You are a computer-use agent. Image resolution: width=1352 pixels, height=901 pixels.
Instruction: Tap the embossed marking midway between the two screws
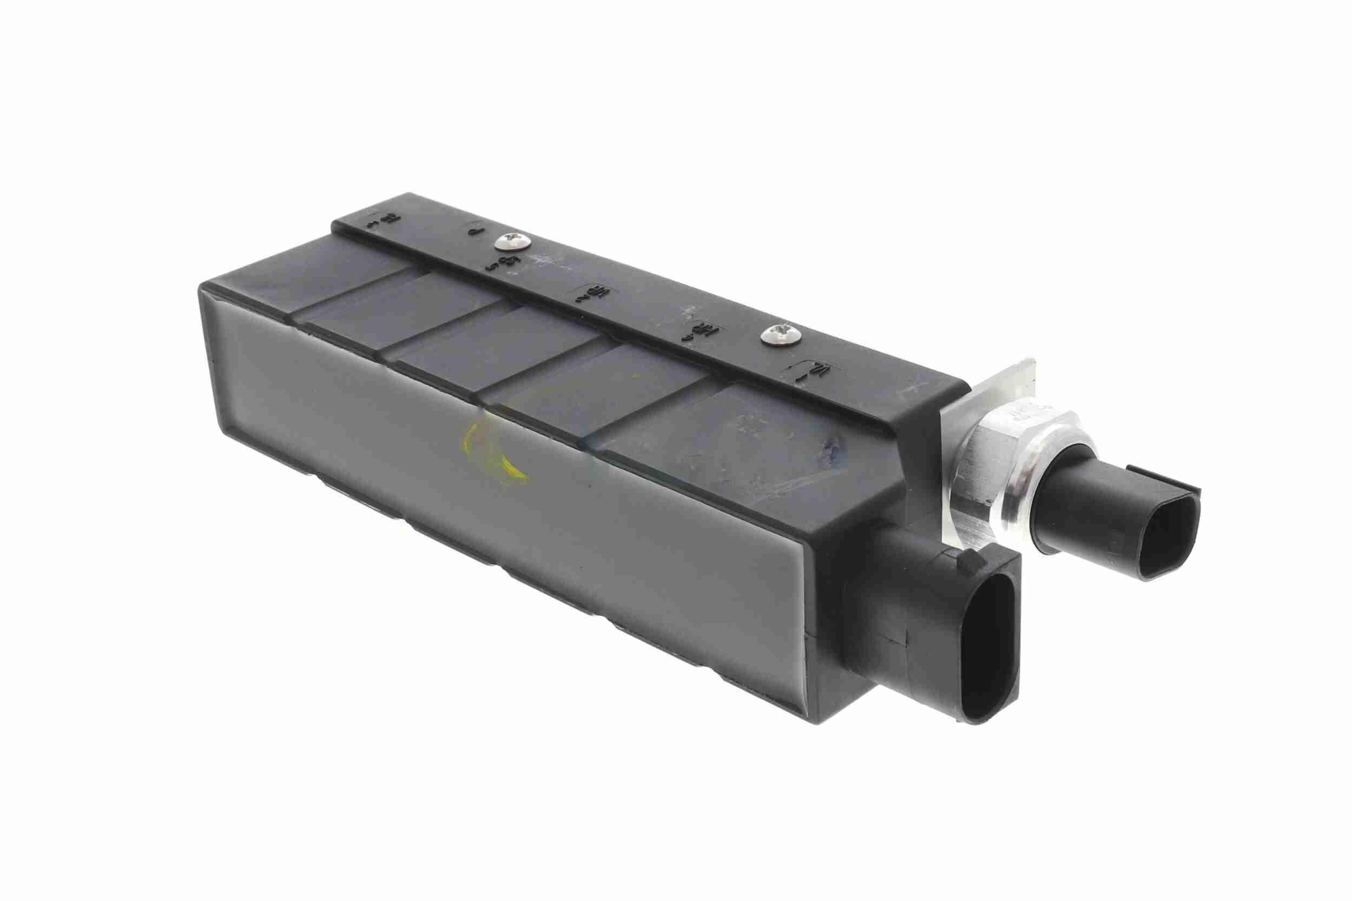coord(592,293)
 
